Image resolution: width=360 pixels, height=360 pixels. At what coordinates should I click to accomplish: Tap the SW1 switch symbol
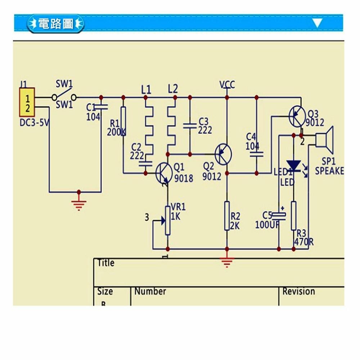click(x=64, y=97)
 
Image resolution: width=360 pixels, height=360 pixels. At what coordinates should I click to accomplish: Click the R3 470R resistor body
click(x=293, y=215)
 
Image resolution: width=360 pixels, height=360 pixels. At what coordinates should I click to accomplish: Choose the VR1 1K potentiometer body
click(x=168, y=220)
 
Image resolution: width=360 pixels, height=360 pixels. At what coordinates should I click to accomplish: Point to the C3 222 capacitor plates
click(x=190, y=126)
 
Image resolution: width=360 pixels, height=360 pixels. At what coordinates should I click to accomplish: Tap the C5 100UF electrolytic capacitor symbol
click(x=279, y=216)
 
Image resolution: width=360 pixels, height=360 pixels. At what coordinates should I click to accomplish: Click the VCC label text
click(x=227, y=85)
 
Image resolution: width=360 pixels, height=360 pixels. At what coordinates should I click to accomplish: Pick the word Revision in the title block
click(x=298, y=291)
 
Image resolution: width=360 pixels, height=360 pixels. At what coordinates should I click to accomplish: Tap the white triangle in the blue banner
click(x=317, y=23)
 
